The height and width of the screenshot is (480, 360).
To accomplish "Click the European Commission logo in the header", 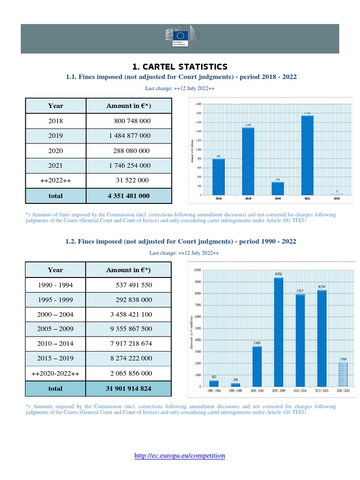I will click(180, 37).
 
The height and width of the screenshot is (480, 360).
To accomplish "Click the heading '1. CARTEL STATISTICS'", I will click(180, 67).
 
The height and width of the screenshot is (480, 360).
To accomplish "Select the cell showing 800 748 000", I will click(132, 121).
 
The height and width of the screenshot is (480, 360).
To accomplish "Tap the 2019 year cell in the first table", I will click(55, 135).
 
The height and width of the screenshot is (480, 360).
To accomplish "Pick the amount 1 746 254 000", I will click(128, 165).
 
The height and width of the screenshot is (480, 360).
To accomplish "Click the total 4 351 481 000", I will click(128, 195).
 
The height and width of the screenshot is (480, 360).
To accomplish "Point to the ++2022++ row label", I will click(55, 180).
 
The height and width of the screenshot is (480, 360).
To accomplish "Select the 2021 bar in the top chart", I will click(307, 155).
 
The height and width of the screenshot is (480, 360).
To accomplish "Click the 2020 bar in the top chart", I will click(277, 188).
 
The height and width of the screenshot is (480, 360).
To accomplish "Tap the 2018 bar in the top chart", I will click(218, 176).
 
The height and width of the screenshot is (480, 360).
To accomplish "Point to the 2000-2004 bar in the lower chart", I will click(257, 366).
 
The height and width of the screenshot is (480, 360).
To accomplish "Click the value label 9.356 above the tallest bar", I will click(278, 274).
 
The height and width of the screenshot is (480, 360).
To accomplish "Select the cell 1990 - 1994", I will click(55, 285).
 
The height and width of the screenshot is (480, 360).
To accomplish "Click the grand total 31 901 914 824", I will click(128, 389).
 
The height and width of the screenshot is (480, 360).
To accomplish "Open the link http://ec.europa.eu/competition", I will click(180, 455).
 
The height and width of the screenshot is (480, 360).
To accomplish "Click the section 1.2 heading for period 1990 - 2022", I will click(180, 241).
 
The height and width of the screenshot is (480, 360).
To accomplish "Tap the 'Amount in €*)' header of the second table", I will click(128, 270).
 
